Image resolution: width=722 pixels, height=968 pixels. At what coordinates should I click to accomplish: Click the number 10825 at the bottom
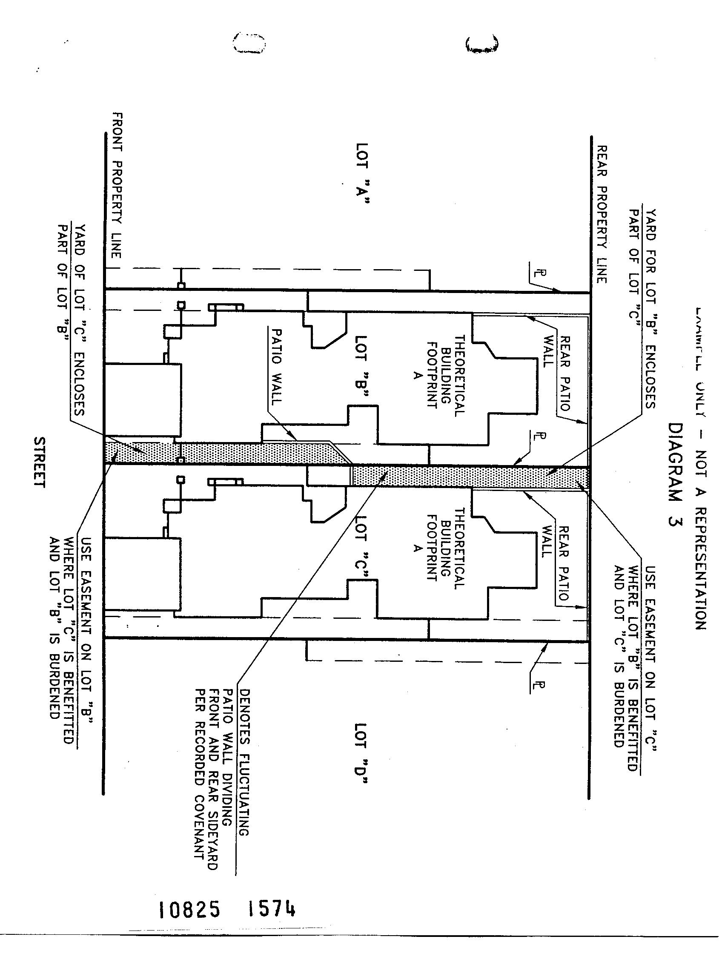(x=189, y=910)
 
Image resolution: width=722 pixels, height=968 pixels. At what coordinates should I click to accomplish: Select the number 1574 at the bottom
(x=272, y=909)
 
